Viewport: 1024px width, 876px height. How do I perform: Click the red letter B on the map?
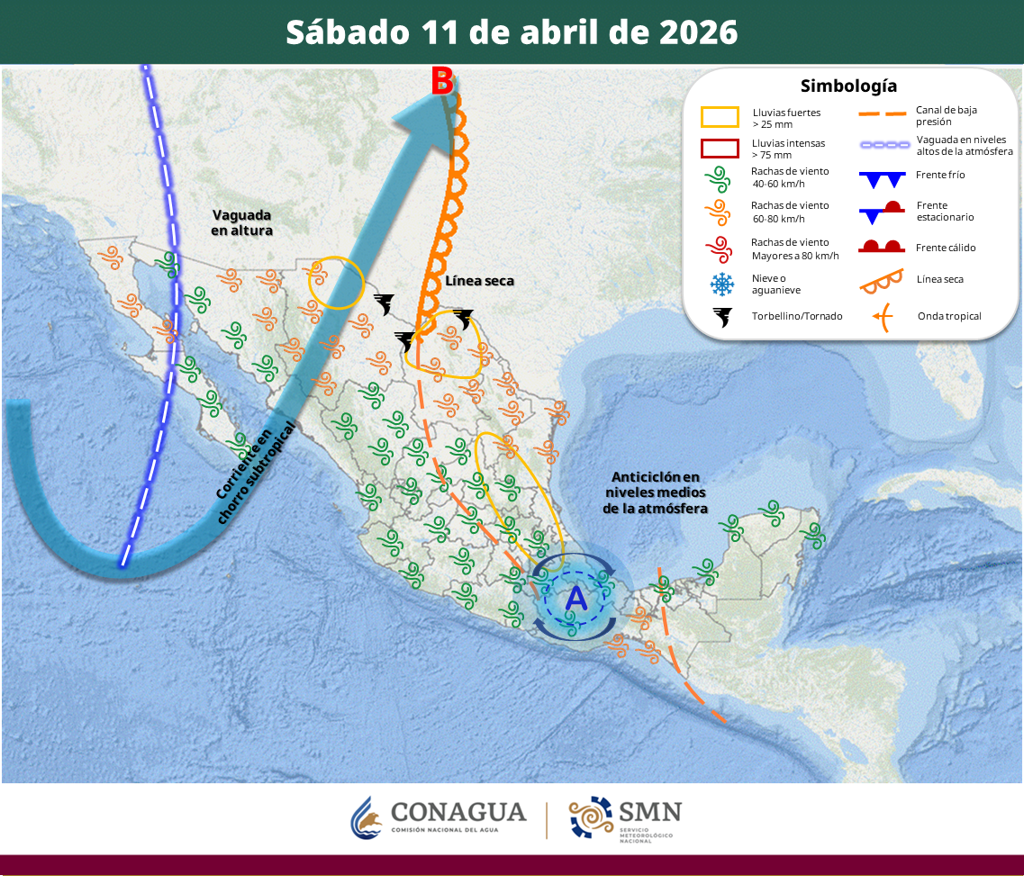[x=441, y=82]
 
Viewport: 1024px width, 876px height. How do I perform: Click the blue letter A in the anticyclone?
[x=575, y=596]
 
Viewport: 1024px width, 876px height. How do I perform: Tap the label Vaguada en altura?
[x=242, y=222]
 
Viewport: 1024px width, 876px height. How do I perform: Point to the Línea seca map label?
[x=479, y=281]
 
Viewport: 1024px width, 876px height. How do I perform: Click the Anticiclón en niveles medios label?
[x=655, y=492]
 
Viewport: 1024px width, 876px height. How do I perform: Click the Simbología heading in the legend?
[x=848, y=86]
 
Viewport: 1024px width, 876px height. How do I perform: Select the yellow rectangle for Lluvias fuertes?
[x=720, y=118]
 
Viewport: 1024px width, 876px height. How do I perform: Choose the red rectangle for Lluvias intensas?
[x=720, y=149]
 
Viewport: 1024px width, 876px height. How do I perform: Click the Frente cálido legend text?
[x=946, y=248]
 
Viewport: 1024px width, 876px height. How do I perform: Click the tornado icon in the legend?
[x=721, y=316]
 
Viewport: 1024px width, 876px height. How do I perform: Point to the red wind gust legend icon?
[x=720, y=248]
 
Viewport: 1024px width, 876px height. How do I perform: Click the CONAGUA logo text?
[x=458, y=812]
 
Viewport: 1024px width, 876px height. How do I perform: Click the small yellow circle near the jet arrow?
[x=335, y=282]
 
